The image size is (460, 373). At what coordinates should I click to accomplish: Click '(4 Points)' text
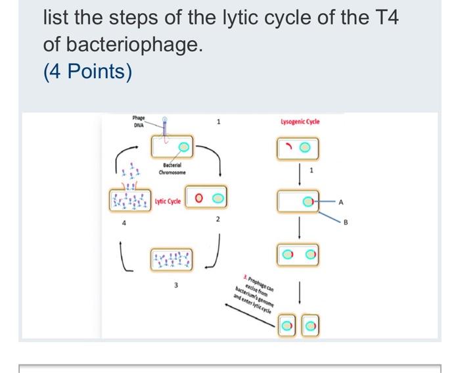(87, 70)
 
